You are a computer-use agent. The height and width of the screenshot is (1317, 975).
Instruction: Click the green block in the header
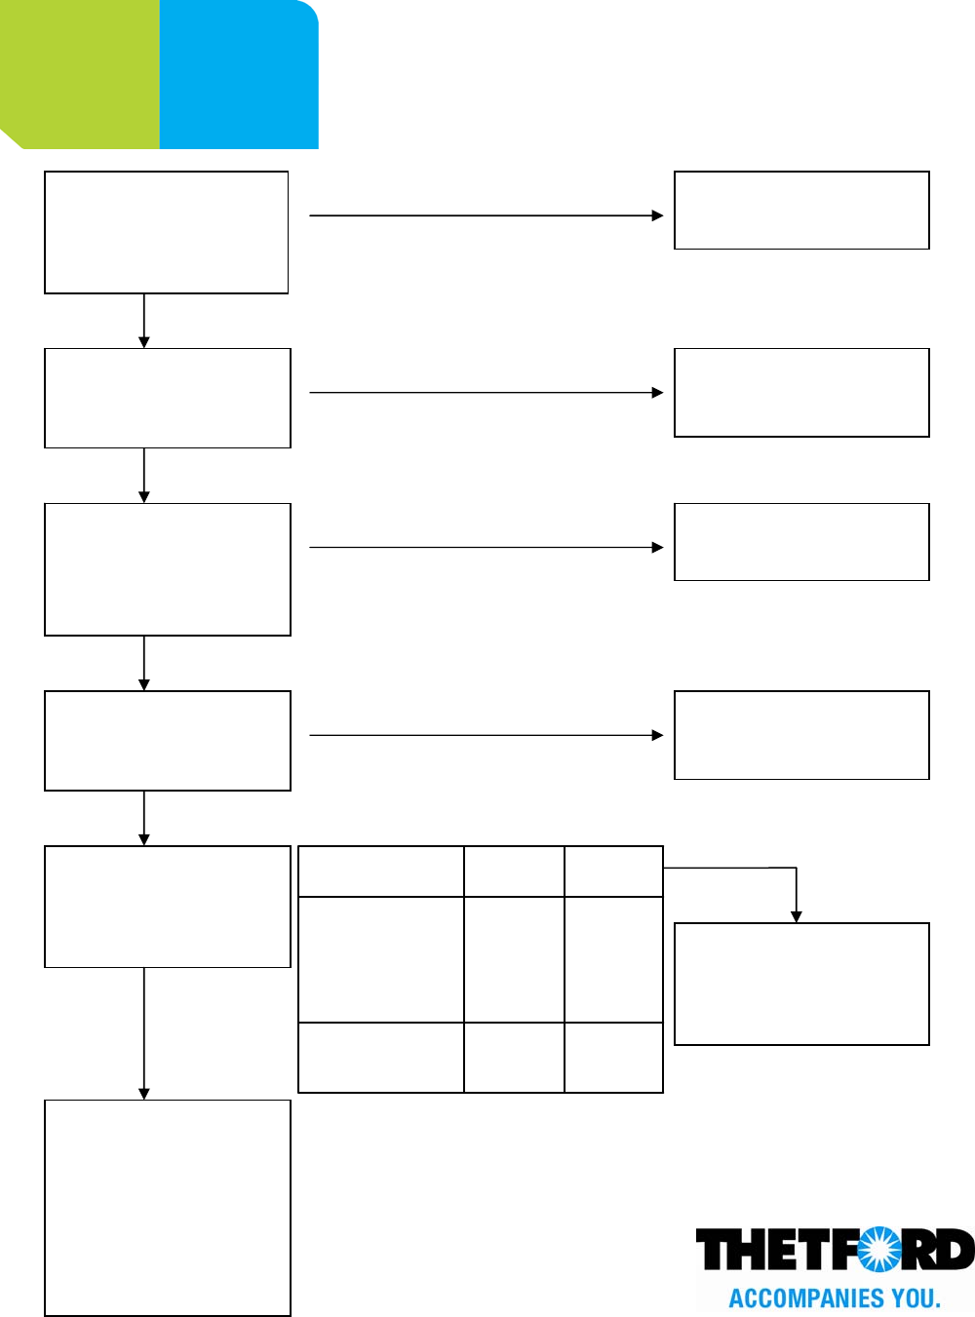coord(80,74)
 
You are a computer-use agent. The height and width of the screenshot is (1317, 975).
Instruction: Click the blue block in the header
coord(239,74)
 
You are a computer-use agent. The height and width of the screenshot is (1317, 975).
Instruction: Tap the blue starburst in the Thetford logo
coord(878,1249)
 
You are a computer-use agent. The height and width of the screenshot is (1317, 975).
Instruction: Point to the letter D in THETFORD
coord(955,1249)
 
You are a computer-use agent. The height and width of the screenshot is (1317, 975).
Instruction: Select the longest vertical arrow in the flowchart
coord(144,1033)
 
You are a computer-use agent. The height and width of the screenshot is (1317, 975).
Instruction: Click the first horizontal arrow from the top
coord(486,215)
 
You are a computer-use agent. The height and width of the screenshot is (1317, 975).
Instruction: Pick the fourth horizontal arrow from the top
coord(486,735)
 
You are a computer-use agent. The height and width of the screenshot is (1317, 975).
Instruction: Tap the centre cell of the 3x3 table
coord(514,959)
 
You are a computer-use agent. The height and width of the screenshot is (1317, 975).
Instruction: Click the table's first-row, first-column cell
coord(380,872)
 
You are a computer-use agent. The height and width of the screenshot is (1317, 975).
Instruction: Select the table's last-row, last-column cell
coord(614,1058)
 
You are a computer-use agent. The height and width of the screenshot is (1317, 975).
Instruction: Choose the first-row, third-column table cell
coord(614,872)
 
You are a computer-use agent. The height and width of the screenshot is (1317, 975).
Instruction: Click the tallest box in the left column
coord(168,1208)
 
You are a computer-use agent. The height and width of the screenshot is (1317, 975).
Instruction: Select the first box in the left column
coord(167,232)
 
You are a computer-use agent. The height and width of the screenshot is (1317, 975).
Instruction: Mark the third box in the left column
coord(168,569)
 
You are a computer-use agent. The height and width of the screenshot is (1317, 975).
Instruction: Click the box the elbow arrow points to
coord(801,984)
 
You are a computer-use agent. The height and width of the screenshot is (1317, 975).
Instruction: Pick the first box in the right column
coord(801,211)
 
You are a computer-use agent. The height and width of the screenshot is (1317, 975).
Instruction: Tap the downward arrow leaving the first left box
coord(144,321)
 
